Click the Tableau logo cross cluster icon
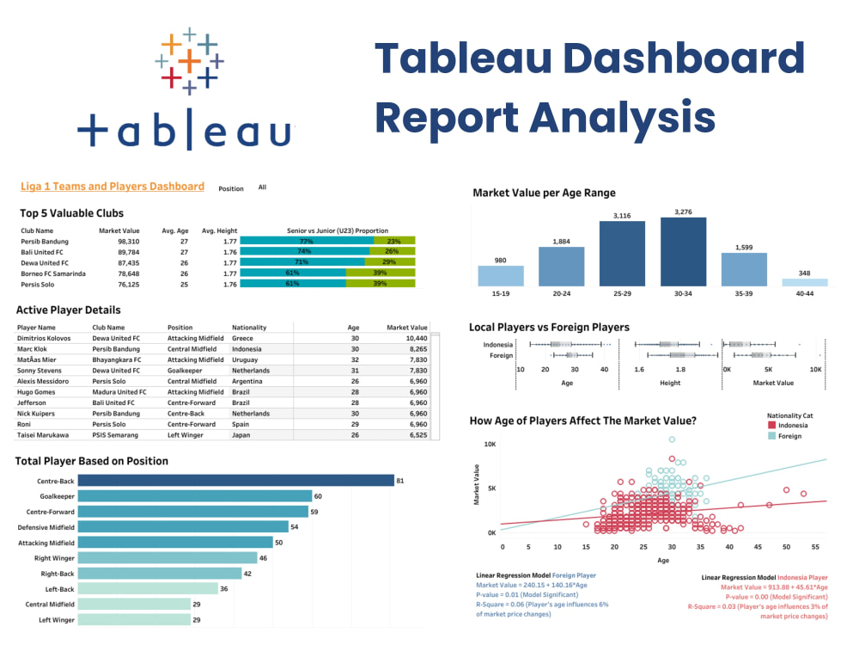click(x=189, y=60)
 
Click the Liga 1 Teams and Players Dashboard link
click(x=113, y=187)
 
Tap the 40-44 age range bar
click(x=805, y=282)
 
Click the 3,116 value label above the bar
click(x=622, y=214)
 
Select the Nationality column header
click(x=249, y=328)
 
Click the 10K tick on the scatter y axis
click(x=490, y=445)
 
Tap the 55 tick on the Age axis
click(x=815, y=547)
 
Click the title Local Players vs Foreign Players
click(x=549, y=328)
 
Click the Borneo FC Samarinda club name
click(x=54, y=273)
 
